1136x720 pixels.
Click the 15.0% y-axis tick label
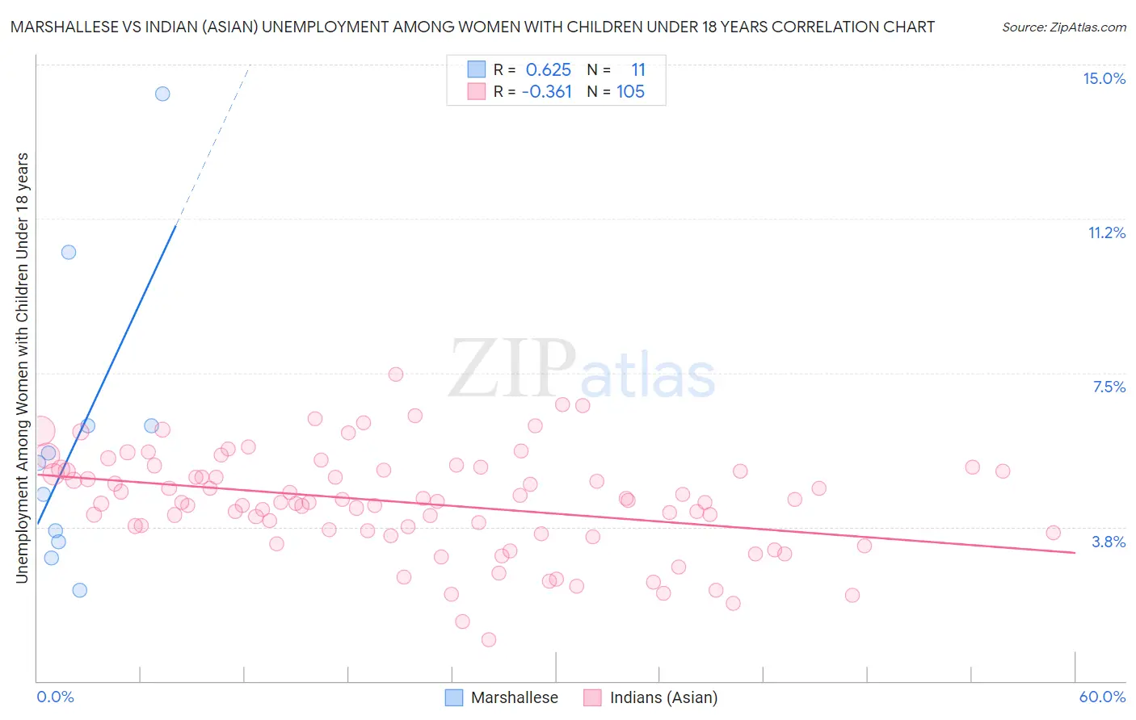[x=1104, y=78]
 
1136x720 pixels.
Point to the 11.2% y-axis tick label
[x=1106, y=232]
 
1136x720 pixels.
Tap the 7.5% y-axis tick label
[x=1109, y=387]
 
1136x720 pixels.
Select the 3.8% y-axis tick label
[x=1109, y=542]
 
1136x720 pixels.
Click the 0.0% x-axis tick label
[x=55, y=697]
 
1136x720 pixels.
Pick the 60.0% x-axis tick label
[x=1102, y=697]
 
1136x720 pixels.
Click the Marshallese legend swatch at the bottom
[x=454, y=697]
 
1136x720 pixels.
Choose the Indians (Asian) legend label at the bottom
[x=663, y=697]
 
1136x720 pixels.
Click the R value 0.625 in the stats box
[x=548, y=70]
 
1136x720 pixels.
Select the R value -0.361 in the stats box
[x=546, y=92]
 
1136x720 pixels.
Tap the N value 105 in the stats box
[x=630, y=92]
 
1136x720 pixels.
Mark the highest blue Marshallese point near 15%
[x=162, y=94]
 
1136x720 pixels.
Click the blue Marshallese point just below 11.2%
[x=69, y=252]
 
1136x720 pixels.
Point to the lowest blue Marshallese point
[x=79, y=590]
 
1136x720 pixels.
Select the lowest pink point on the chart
[x=488, y=639]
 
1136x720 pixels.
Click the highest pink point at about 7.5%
[x=396, y=374]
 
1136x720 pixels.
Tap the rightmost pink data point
[x=1053, y=533]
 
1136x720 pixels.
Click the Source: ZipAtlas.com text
[x=1063, y=27]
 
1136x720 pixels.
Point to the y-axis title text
[x=22, y=367]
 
